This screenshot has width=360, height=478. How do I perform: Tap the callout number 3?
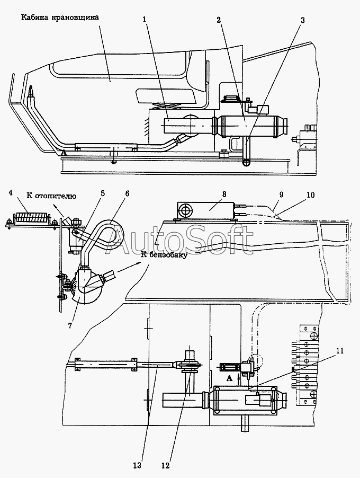302,21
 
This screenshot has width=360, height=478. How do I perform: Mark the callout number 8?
209,194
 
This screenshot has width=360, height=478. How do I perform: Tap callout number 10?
310,194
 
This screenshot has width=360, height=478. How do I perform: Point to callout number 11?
339,350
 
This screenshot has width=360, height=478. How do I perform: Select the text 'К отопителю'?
53,196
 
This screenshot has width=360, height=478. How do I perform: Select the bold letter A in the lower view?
229,378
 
